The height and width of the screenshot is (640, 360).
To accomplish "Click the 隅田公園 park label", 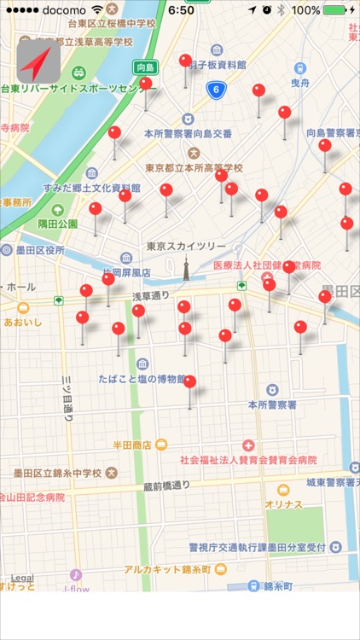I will point(57,224).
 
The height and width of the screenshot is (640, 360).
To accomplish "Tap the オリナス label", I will point(283,504).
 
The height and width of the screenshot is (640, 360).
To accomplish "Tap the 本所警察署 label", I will point(272,404).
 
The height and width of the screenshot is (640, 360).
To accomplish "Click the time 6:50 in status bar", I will point(181,10).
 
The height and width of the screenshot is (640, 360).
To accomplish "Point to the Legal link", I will point(21,578).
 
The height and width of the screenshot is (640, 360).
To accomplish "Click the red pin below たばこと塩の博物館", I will point(189,383).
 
